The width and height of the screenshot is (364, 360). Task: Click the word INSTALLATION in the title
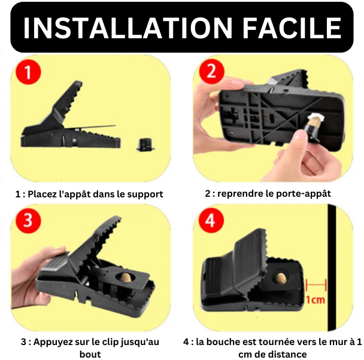pos(128,28)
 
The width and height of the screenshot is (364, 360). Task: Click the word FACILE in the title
pos(292,28)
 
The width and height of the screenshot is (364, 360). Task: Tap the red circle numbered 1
pos(28,72)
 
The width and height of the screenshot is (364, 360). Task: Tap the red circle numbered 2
pos(211,71)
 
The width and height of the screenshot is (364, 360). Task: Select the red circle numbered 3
pos(28,221)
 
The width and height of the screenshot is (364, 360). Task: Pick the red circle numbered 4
pos(211,220)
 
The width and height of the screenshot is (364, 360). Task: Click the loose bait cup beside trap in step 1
pos(145,145)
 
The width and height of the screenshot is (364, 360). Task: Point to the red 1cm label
pos(316,300)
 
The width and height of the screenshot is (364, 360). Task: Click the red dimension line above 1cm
pos(316,285)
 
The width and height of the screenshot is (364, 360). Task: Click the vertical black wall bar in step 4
pos(332,267)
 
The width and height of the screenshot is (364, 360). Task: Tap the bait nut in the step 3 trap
pos(126,278)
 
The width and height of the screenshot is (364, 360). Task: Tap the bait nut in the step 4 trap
pos(280,277)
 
